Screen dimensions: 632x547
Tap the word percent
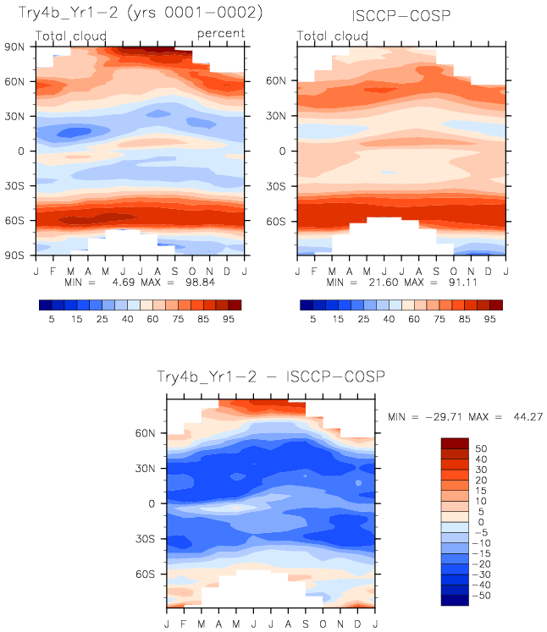coord(221,33)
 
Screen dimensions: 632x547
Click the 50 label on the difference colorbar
coord(481,448)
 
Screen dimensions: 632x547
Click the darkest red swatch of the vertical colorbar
coord(453,442)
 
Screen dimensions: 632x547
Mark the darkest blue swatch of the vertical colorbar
coord(453,601)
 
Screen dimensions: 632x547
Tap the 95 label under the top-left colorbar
coord(227,321)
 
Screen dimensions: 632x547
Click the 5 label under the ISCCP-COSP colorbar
coord(312,321)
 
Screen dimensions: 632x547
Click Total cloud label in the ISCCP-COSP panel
coord(334,36)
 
